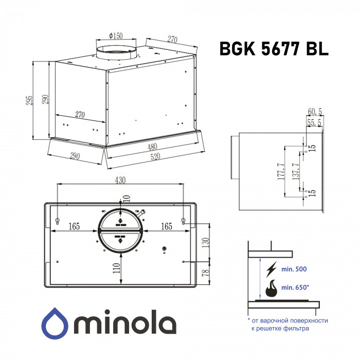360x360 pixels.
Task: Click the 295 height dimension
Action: (x=30, y=100)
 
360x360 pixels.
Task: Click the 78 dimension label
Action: (x=205, y=273)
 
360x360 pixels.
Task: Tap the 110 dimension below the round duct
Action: (x=116, y=267)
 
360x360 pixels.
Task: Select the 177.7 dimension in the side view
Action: (x=281, y=172)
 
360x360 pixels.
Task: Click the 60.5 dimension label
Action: (x=314, y=112)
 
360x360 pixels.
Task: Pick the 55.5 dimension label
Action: (x=314, y=122)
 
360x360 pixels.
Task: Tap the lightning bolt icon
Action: (x=269, y=268)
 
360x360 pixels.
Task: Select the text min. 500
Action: (x=295, y=269)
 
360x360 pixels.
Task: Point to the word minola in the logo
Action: (x=126, y=324)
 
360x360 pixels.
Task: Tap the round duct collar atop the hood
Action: (x=116, y=51)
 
